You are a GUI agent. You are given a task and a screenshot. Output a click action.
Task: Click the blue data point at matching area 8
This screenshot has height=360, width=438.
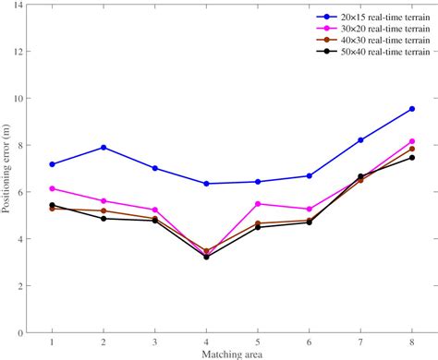[411, 109]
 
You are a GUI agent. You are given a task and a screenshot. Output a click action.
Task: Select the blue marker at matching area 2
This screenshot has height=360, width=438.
[103, 148]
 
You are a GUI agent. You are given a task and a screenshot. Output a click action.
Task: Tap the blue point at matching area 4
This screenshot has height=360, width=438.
[206, 184]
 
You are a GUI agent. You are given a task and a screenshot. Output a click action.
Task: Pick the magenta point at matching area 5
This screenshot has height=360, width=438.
[258, 204]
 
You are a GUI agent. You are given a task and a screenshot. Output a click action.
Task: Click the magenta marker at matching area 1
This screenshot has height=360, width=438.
[52, 188]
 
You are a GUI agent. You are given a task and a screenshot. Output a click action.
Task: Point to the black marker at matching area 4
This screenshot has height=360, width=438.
[206, 257]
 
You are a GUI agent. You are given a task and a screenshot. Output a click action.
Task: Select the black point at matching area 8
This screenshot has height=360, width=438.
[411, 158]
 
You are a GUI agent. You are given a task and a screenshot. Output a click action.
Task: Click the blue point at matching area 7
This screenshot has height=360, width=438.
[360, 140]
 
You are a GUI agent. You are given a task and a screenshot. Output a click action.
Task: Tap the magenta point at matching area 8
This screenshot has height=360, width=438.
[411, 141]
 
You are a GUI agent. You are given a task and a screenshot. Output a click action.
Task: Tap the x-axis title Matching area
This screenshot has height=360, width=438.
[232, 354]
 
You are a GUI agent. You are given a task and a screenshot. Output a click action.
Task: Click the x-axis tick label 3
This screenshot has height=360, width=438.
[154, 342]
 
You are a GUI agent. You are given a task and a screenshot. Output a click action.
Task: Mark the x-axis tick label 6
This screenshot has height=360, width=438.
[309, 342]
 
